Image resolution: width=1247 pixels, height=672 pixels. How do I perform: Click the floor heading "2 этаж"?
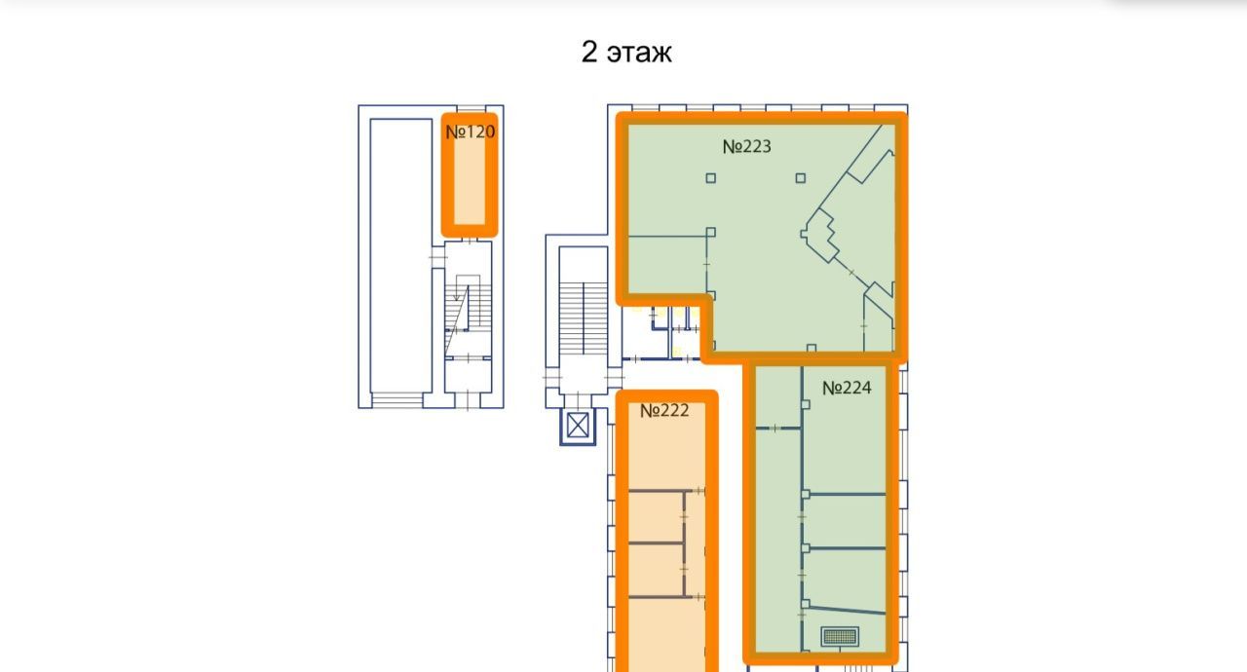[x=626, y=53]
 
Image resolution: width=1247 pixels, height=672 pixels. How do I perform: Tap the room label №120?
[x=470, y=131]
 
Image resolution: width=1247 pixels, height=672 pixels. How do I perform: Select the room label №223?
[x=746, y=146]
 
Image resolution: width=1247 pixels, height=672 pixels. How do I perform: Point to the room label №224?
[x=847, y=388]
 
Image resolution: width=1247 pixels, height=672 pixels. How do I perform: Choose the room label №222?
[x=664, y=411]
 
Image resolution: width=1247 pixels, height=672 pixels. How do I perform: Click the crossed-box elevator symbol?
[x=578, y=427]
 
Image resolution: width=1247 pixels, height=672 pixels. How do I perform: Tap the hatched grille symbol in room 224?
[x=840, y=636]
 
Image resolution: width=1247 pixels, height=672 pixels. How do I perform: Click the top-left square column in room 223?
[x=711, y=178]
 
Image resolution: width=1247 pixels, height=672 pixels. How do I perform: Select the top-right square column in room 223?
[x=801, y=178]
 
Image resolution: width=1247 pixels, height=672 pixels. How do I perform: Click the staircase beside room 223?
[x=583, y=318]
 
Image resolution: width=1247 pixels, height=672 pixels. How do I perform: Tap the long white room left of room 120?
[x=400, y=255]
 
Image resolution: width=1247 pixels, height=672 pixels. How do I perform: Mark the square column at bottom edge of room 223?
[x=812, y=349]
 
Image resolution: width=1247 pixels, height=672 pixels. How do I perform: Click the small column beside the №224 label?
[x=806, y=404]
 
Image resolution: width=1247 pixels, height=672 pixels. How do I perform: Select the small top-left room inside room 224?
[x=778, y=396]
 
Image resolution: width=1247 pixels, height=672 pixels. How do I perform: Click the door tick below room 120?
[x=471, y=241]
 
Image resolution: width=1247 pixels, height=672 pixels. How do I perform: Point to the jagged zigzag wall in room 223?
[x=819, y=236]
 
